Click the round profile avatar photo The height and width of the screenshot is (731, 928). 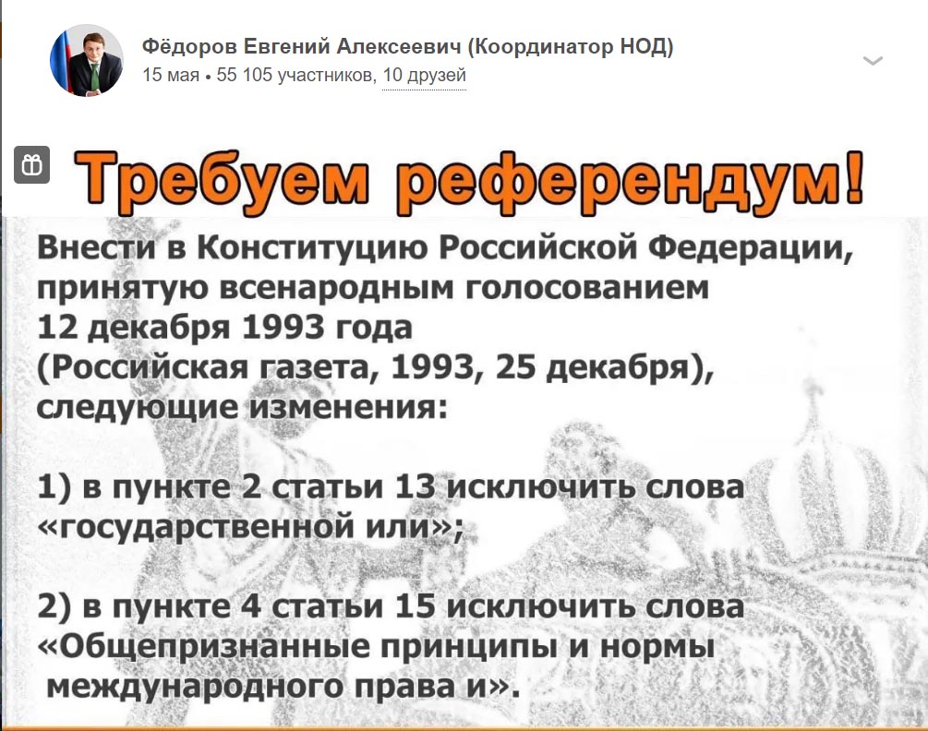point(87,60)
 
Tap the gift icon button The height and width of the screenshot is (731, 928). point(32,164)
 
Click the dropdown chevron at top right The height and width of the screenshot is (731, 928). point(873,61)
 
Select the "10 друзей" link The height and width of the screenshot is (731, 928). point(425,75)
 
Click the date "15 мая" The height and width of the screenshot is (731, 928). point(171,75)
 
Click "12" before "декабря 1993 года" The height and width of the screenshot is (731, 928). point(57,328)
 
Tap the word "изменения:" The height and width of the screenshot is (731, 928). point(347,408)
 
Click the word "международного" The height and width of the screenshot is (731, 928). point(195,687)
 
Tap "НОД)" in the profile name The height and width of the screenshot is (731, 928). point(646,46)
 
